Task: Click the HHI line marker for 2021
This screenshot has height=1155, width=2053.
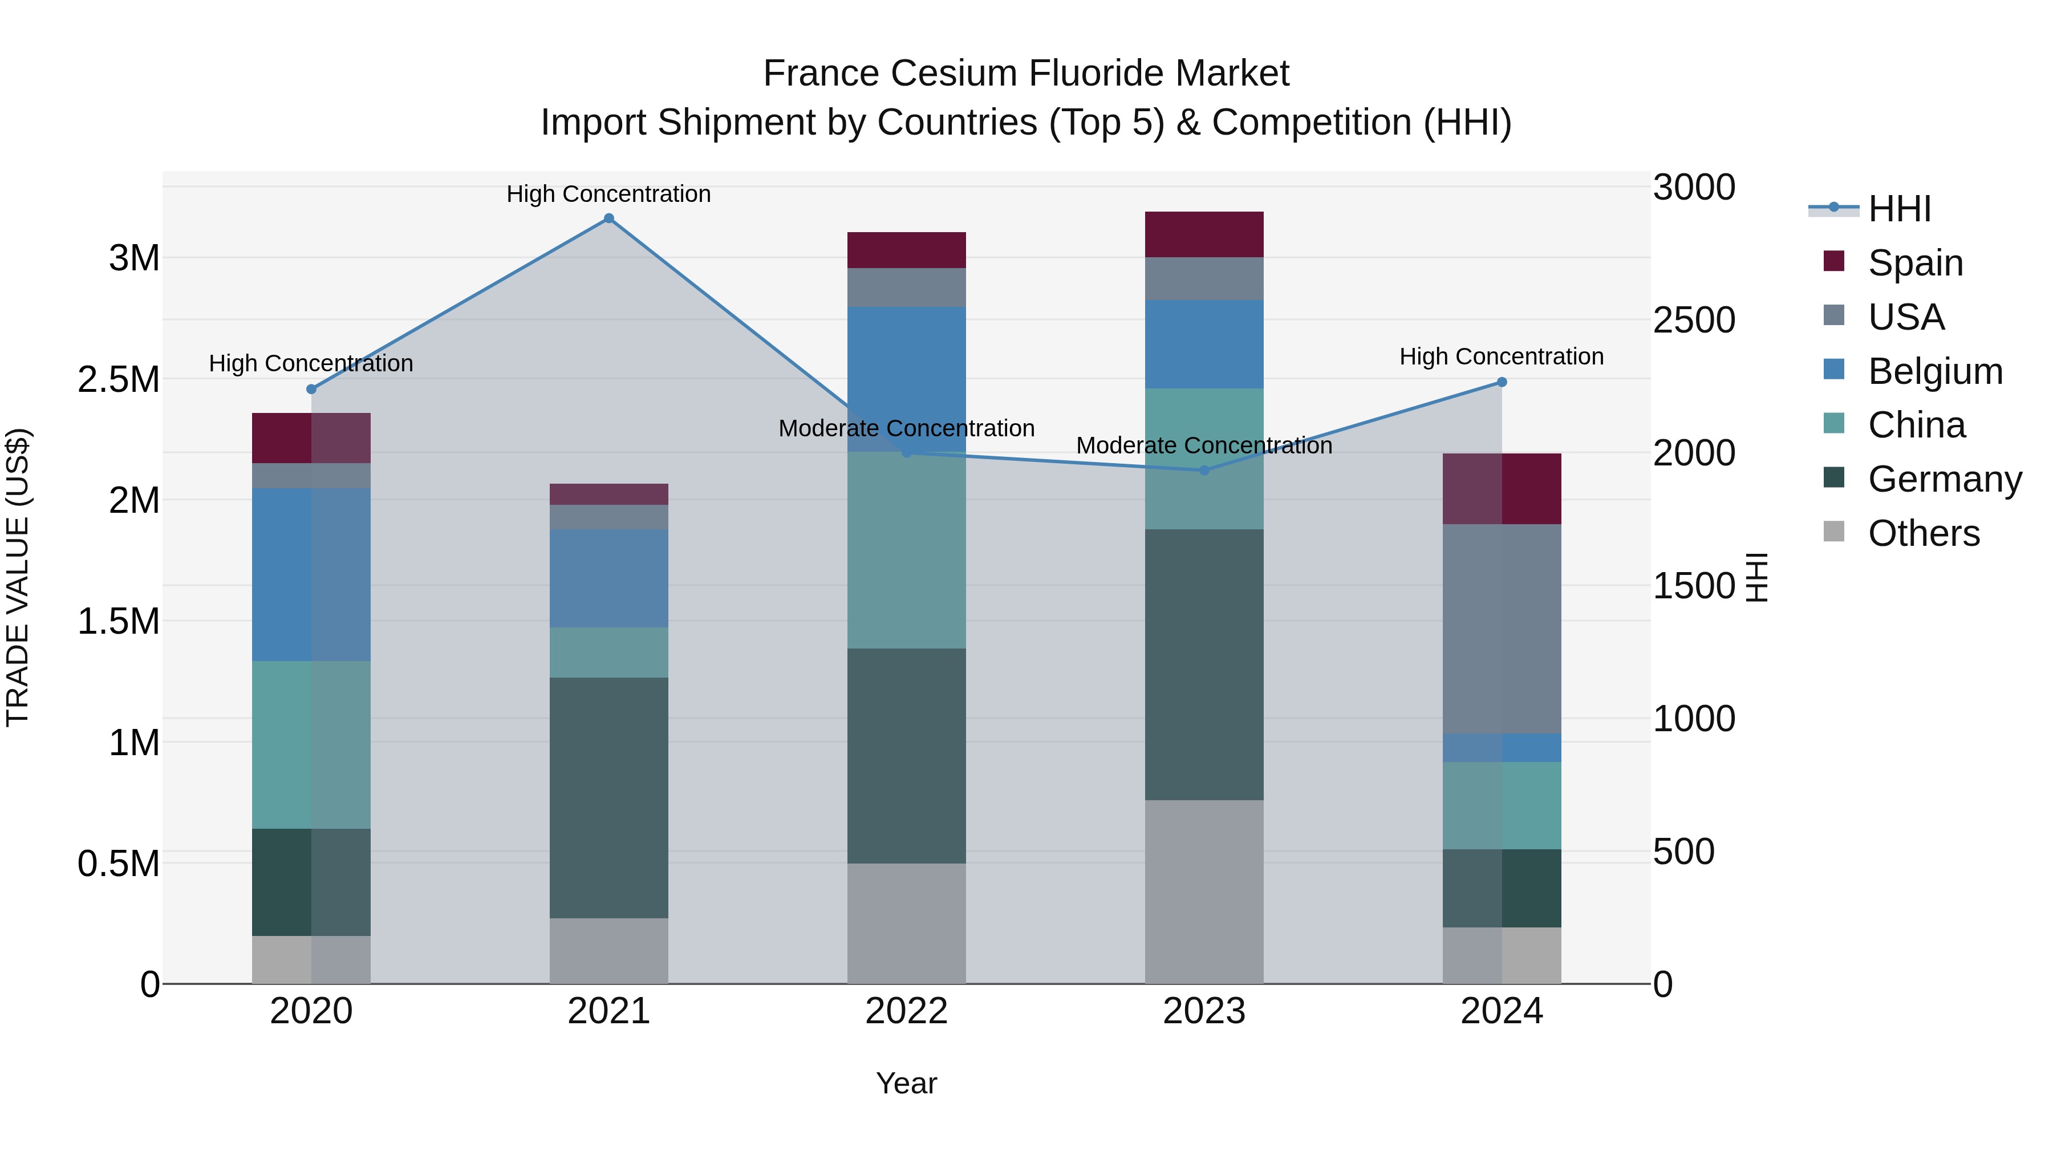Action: [x=609, y=218]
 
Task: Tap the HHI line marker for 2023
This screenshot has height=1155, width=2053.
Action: [x=1204, y=471]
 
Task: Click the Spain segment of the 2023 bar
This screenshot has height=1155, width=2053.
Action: [x=1204, y=234]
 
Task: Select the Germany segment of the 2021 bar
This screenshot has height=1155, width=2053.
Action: [x=609, y=797]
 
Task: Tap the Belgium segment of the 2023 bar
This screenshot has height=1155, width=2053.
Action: [x=1204, y=345]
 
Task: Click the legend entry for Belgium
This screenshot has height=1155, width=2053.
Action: [x=1935, y=371]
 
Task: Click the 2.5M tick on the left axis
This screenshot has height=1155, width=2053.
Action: [x=119, y=379]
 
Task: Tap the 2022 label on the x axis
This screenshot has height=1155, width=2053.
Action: [x=906, y=1011]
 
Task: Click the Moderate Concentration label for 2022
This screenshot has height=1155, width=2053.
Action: [x=906, y=429]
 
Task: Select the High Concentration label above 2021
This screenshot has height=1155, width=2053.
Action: [x=609, y=194]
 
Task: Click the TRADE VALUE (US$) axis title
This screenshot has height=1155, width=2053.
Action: [x=18, y=577]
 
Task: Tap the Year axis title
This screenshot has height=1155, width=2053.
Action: [x=906, y=1084]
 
